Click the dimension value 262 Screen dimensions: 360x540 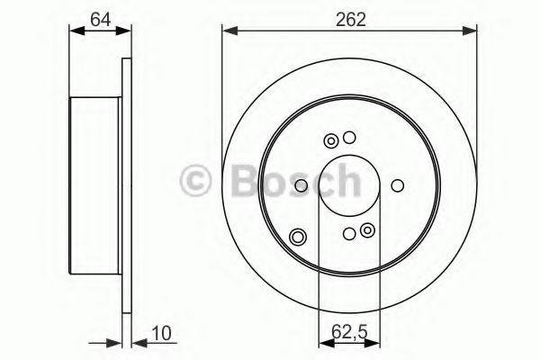(351, 19)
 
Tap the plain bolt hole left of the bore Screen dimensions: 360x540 (301, 186)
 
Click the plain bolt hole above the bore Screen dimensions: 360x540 (350, 138)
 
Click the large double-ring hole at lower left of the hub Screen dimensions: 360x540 (299, 237)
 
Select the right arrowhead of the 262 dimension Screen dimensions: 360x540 (472, 32)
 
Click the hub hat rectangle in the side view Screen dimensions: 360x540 (95, 186)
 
